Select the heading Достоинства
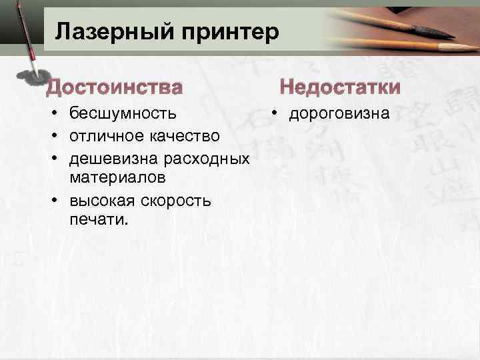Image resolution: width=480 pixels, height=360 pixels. pos(113,87)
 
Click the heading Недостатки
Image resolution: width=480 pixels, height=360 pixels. pos(340,87)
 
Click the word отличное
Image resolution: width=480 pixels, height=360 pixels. pos(102,136)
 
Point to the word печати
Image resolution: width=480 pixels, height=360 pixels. pos(96,220)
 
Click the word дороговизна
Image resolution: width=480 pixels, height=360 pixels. pos(339,114)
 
